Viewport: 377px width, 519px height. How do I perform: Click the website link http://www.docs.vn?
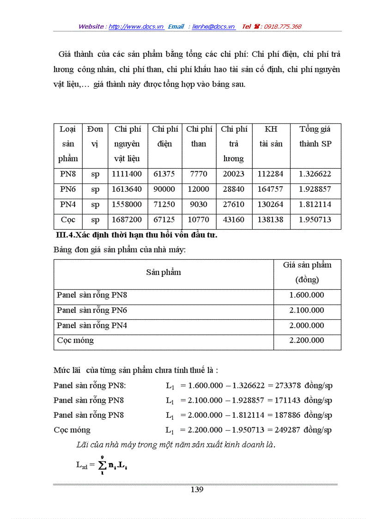[136, 27]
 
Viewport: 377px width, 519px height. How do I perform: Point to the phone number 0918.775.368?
[282, 27]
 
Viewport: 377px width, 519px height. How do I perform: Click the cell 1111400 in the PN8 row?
[127, 174]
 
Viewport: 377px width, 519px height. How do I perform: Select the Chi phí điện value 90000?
[164, 189]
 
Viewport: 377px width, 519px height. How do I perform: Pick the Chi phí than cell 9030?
[199, 204]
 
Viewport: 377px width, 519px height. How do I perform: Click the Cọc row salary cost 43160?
[234, 220]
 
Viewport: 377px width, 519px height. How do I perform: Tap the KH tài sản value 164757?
[271, 189]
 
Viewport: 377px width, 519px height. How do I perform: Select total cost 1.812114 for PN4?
[315, 204]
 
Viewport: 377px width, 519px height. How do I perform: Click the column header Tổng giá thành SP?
[315, 136]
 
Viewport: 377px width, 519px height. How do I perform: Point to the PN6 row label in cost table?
[68, 189]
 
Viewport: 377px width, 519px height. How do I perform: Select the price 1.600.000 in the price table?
[307, 295]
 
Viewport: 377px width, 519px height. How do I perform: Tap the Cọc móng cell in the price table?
[75, 340]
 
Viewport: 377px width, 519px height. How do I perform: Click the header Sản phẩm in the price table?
[164, 272]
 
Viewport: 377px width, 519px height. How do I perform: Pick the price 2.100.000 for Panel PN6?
[307, 310]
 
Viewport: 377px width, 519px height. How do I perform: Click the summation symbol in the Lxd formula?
[101, 465]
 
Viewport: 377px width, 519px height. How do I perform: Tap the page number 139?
[197, 490]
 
